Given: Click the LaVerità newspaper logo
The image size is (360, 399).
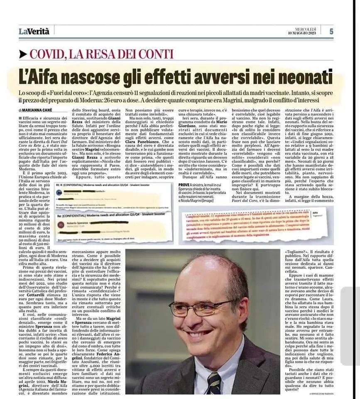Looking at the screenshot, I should pos(34,31).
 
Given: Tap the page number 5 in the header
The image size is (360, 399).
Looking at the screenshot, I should pos(331,31).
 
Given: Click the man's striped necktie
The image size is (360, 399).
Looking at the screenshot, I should pos(215,381).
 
